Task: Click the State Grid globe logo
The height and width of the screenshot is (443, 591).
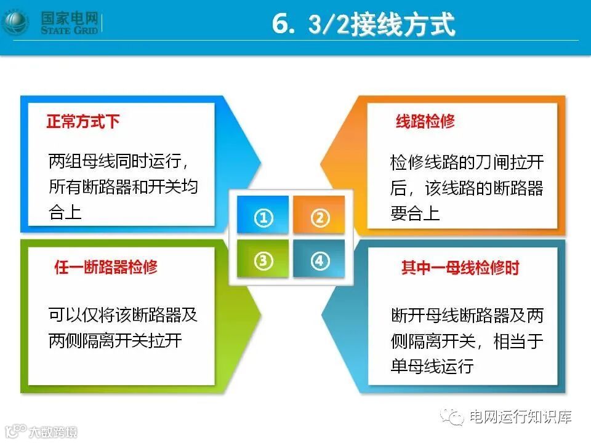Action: pos(15,22)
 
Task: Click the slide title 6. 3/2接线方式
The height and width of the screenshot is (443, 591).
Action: pos(364,24)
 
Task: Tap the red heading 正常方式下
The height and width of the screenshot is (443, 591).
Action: pos(83,121)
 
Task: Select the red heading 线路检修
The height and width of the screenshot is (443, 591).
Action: pos(425,121)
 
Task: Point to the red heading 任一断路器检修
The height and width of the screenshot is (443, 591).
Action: pos(106,266)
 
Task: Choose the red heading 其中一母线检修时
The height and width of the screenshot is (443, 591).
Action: pos(460,268)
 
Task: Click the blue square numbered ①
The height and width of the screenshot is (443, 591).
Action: pos(263,214)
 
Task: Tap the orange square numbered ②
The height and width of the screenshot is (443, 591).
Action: pos(319,214)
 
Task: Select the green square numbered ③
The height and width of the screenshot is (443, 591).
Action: pos(263,259)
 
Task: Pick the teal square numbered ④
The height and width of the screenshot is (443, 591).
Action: pos(319,259)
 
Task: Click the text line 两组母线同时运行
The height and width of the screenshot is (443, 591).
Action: pos(115,161)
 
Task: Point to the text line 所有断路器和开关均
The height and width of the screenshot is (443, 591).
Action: pos(123,186)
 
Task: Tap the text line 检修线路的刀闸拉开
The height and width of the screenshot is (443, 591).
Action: pos(467,162)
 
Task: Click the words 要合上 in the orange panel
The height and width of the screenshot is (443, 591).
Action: pos(415,214)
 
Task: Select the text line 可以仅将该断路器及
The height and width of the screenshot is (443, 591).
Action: pos(123,315)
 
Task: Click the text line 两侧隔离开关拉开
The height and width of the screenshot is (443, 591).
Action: pos(115,340)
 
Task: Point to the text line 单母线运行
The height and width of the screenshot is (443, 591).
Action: pos(432,365)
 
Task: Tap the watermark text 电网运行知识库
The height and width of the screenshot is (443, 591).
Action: pos(521,417)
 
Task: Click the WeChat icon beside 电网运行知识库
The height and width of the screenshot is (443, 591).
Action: pos(452,417)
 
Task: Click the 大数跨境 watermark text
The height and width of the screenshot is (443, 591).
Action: pos(53,432)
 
